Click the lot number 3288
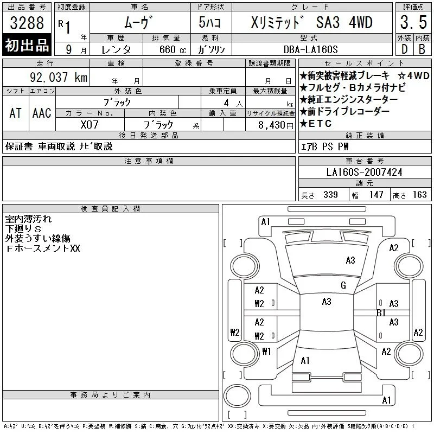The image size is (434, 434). coord(27,23)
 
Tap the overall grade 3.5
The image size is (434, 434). coord(413,22)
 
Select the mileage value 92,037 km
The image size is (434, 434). coord(59,77)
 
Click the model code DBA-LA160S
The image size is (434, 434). coord(310,49)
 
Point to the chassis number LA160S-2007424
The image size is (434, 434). coord(364,172)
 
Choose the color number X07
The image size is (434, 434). coord(90,125)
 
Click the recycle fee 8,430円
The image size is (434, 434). coord(276,125)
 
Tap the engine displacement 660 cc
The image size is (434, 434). coord(173,49)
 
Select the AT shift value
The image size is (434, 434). coord(15,113)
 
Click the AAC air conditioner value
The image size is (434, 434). coord(42,113)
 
